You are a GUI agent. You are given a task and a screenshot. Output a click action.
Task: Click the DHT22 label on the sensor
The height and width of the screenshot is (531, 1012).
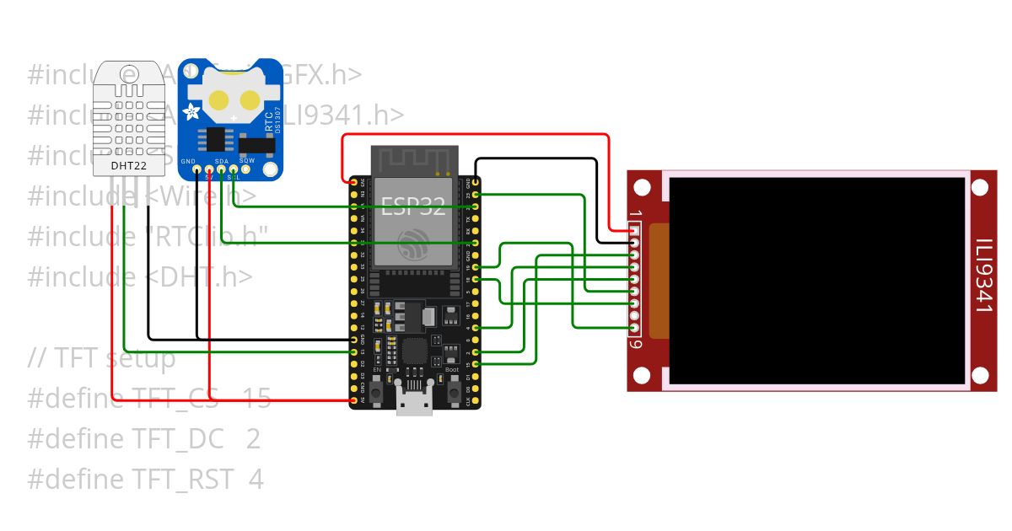129,165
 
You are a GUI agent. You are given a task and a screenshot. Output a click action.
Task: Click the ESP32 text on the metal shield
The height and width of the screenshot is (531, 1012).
413,206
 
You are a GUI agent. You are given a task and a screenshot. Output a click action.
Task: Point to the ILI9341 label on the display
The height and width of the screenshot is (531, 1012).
983,275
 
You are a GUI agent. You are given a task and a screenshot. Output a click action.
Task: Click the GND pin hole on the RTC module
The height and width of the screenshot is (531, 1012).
197,170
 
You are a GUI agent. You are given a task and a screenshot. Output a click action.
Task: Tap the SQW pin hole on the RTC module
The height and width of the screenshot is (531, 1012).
245,170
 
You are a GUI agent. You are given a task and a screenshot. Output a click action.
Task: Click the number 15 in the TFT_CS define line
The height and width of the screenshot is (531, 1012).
257,399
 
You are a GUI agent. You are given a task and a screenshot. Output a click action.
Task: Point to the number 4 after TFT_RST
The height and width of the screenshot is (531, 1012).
256,480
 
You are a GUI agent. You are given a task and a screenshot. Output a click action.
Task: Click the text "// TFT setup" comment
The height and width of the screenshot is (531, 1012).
101,358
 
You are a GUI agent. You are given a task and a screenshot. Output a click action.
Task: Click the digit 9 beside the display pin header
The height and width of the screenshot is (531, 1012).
638,344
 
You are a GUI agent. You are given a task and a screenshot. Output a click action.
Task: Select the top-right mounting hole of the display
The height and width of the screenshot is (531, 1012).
981,187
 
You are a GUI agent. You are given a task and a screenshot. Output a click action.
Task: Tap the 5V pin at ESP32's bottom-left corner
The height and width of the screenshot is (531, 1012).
354,400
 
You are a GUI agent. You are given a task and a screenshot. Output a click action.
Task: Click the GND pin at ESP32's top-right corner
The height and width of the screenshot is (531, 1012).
476,181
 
